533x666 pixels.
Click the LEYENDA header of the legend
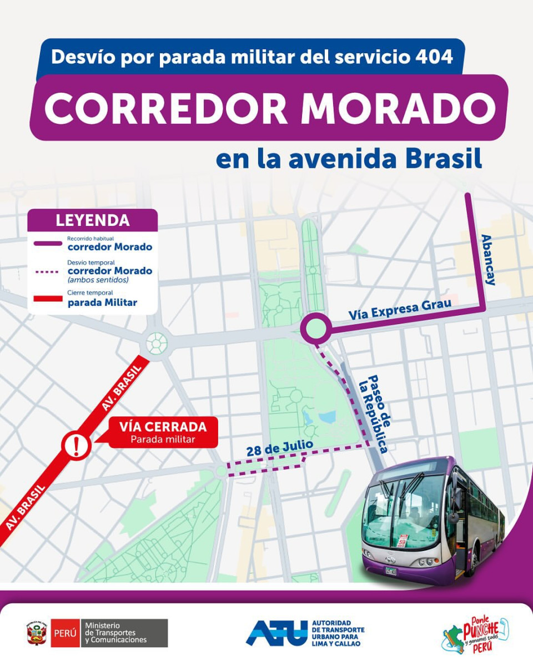(92, 220)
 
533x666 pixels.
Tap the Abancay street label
(488, 259)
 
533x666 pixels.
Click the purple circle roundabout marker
(315, 329)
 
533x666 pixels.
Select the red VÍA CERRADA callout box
(163, 432)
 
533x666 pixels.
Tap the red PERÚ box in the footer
(65, 633)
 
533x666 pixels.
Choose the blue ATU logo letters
(276, 633)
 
